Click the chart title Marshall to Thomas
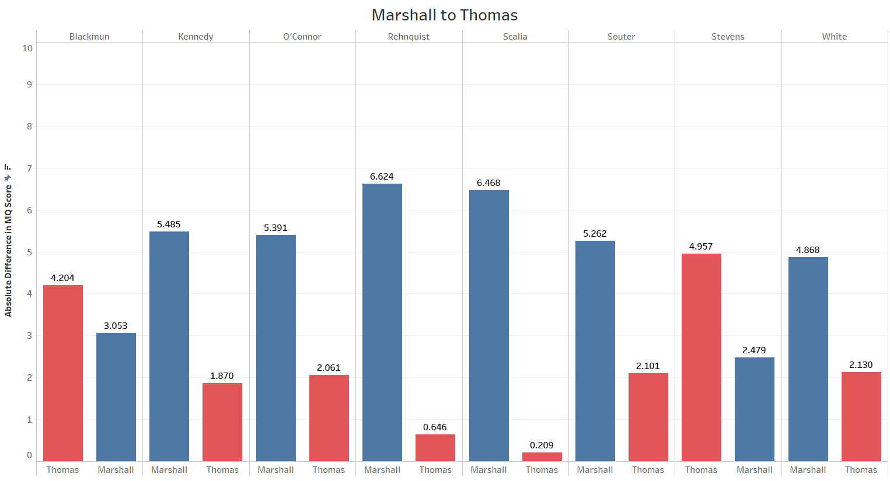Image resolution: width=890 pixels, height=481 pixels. (x=445, y=15)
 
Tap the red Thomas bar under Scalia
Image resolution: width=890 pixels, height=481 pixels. (x=542, y=457)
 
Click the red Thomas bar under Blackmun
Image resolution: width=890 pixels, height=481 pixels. (x=63, y=373)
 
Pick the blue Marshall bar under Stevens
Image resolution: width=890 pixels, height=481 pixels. (x=755, y=409)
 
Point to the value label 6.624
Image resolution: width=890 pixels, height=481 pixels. (x=382, y=177)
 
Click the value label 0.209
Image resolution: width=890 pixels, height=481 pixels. (x=542, y=445)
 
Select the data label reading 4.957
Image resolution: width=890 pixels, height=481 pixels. (x=701, y=247)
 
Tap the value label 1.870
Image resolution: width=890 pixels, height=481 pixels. (x=222, y=376)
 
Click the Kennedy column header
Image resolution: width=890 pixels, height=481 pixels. (x=196, y=37)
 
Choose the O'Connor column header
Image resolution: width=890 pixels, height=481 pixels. (x=302, y=37)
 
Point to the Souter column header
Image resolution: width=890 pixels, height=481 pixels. (x=621, y=37)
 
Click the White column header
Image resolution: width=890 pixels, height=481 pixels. (x=834, y=37)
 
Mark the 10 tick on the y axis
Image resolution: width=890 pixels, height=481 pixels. (x=27, y=48)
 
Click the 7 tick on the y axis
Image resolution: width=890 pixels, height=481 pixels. (x=29, y=168)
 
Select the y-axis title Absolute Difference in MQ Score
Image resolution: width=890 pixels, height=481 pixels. (x=8, y=251)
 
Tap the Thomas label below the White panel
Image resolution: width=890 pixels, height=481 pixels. (x=861, y=470)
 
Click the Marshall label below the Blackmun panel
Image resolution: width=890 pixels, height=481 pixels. (x=116, y=470)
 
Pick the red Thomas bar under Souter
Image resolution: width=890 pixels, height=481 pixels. (x=648, y=417)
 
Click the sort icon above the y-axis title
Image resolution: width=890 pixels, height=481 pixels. (x=8, y=167)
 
